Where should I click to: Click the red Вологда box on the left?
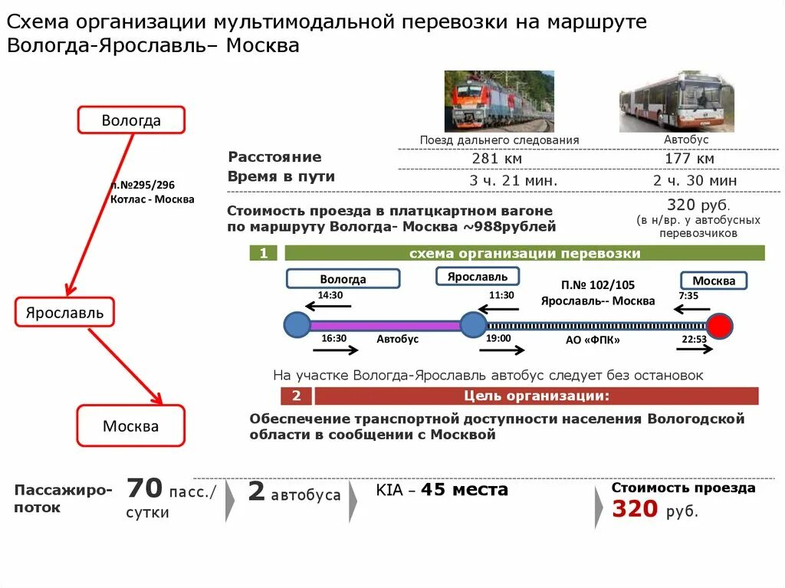131,120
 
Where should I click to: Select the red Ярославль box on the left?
64,313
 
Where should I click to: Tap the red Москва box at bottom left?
131,426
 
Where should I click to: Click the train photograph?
499,101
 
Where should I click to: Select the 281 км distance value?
497,159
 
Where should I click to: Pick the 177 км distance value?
689,159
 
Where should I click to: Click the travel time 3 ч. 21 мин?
514,180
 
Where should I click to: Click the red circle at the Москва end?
719,326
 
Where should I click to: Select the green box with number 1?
264,254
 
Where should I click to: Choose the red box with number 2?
296,396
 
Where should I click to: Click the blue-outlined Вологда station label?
343,279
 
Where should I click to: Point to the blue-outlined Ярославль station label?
478,276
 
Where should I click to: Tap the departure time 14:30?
330,295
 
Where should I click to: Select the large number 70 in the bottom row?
145,488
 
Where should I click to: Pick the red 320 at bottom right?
635,509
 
